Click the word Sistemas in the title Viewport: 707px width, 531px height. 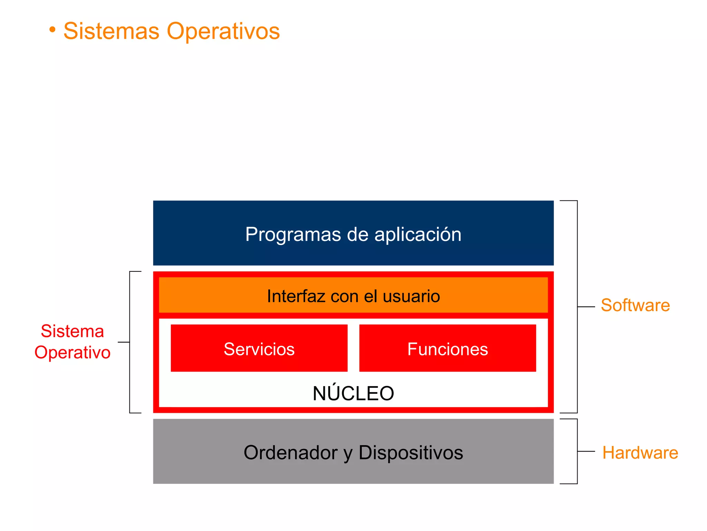tap(111, 31)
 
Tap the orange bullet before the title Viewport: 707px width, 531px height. tap(52, 30)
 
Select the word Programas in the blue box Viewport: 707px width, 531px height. tap(293, 234)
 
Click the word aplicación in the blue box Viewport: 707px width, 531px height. tap(418, 234)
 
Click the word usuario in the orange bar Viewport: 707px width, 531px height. tap(411, 296)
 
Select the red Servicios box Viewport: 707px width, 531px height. tap(259, 348)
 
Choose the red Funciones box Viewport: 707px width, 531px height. tap(447, 348)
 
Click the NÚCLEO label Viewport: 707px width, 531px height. tap(353, 393)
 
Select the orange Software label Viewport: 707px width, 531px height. tap(635, 305)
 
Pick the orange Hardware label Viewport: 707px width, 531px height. tap(640, 453)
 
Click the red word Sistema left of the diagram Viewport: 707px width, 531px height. tap(72, 331)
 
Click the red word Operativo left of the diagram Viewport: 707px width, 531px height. tap(72, 353)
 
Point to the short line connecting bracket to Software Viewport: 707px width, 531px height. tap(586, 307)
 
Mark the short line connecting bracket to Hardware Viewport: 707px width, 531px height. tap(586, 451)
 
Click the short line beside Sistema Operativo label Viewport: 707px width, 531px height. tap(124, 342)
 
